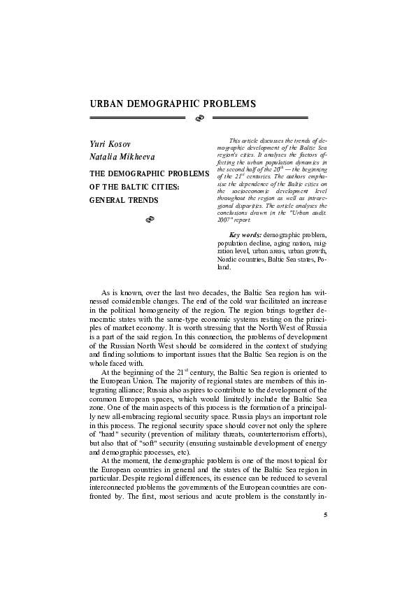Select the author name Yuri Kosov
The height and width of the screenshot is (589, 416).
pyautogui.click(x=110, y=144)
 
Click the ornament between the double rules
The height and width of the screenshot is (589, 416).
pyautogui.click(x=198, y=120)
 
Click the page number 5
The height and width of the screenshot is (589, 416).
pyautogui.click(x=325, y=516)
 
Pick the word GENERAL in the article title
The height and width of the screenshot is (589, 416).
pyautogui.click(x=108, y=200)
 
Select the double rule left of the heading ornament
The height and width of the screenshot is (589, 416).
pyautogui.click(x=137, y=120)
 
